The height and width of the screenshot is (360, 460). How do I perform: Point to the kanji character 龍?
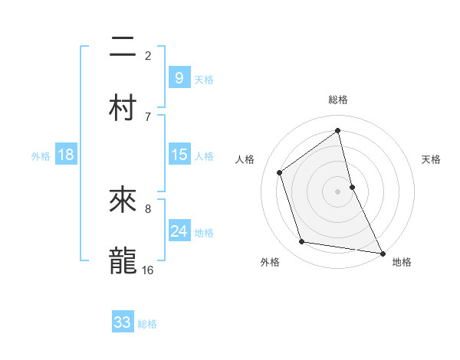(123, 260)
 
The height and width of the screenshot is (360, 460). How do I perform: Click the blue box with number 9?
(179, 78)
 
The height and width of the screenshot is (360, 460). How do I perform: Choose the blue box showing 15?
(179, 155)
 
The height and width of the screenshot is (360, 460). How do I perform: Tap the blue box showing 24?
(179, 231)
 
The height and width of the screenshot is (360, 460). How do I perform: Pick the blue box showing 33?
(123, 322)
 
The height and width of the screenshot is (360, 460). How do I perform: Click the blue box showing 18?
(66, 155)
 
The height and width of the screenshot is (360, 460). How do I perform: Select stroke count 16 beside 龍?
(147, 270)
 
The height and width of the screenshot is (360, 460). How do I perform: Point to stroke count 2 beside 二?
(148, 55)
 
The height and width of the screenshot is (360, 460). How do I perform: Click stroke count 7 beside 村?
(148, 116)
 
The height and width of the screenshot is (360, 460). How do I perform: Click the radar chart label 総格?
(338, 100)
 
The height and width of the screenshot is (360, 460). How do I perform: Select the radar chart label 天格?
(431, 159)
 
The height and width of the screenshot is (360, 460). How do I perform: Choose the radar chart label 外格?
(270, 262)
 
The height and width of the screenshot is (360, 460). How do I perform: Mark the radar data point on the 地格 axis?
(382, 253)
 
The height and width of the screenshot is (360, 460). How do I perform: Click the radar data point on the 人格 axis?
(280, 172)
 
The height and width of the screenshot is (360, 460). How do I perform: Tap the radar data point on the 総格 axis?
(338, 131)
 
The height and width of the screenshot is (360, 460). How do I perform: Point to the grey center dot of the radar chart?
(338, 191)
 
